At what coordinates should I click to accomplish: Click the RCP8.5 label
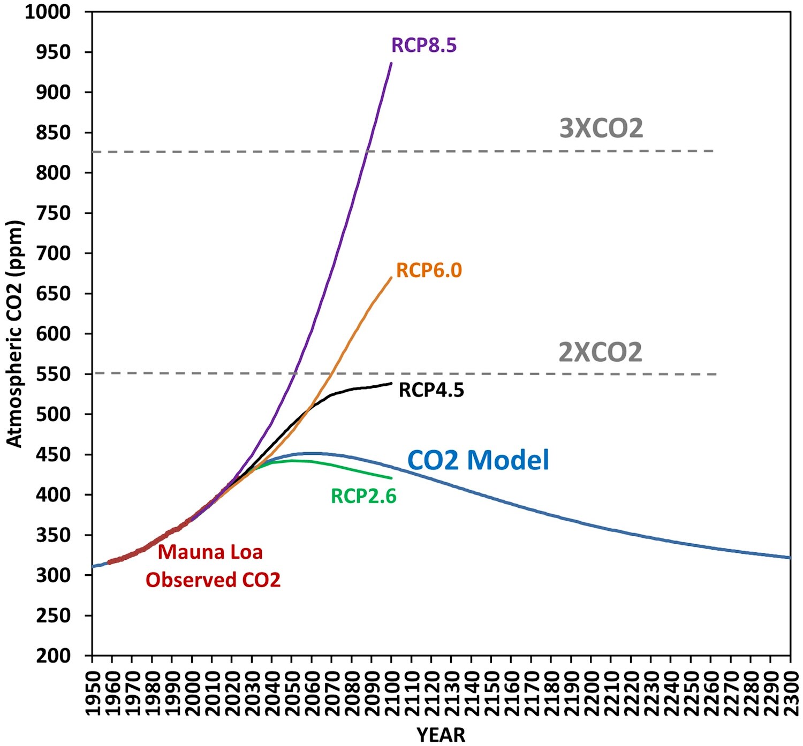[424, 45]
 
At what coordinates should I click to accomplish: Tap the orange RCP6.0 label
[429, 271]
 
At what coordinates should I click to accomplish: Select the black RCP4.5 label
[431, 390]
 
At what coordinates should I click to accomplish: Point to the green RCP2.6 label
[363, 497]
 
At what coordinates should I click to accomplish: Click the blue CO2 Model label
[479, 460]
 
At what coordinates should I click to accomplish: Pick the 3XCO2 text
[601, 128]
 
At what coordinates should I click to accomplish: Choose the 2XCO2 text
[600, 353]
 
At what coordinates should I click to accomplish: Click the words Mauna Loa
[210, 552]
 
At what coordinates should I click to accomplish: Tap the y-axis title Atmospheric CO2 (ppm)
[14, 333]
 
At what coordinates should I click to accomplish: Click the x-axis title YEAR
[441, 735]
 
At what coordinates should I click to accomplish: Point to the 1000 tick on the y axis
[48, 12]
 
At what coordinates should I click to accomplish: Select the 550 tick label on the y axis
[53, 374]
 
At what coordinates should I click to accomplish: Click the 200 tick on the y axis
[53, 656]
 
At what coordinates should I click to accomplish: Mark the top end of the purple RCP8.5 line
[391, 63]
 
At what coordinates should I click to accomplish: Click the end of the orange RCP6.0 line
[391, 277]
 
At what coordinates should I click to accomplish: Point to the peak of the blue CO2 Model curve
[310, 453]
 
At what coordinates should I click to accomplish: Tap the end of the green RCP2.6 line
[391, 478]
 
